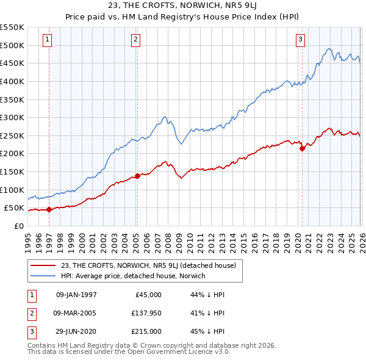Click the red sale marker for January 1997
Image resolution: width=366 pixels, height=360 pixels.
coord(49,209)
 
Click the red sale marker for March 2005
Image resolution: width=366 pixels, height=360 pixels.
coord(137,176)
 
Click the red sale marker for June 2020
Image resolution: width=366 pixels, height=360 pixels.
coord(302,148)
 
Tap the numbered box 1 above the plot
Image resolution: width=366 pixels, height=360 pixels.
coord(48,40)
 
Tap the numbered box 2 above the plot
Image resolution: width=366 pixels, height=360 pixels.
coord(135,40)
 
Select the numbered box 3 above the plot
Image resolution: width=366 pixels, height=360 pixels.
coord(301,40)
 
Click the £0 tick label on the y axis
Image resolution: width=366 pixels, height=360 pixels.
coord(18,226)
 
